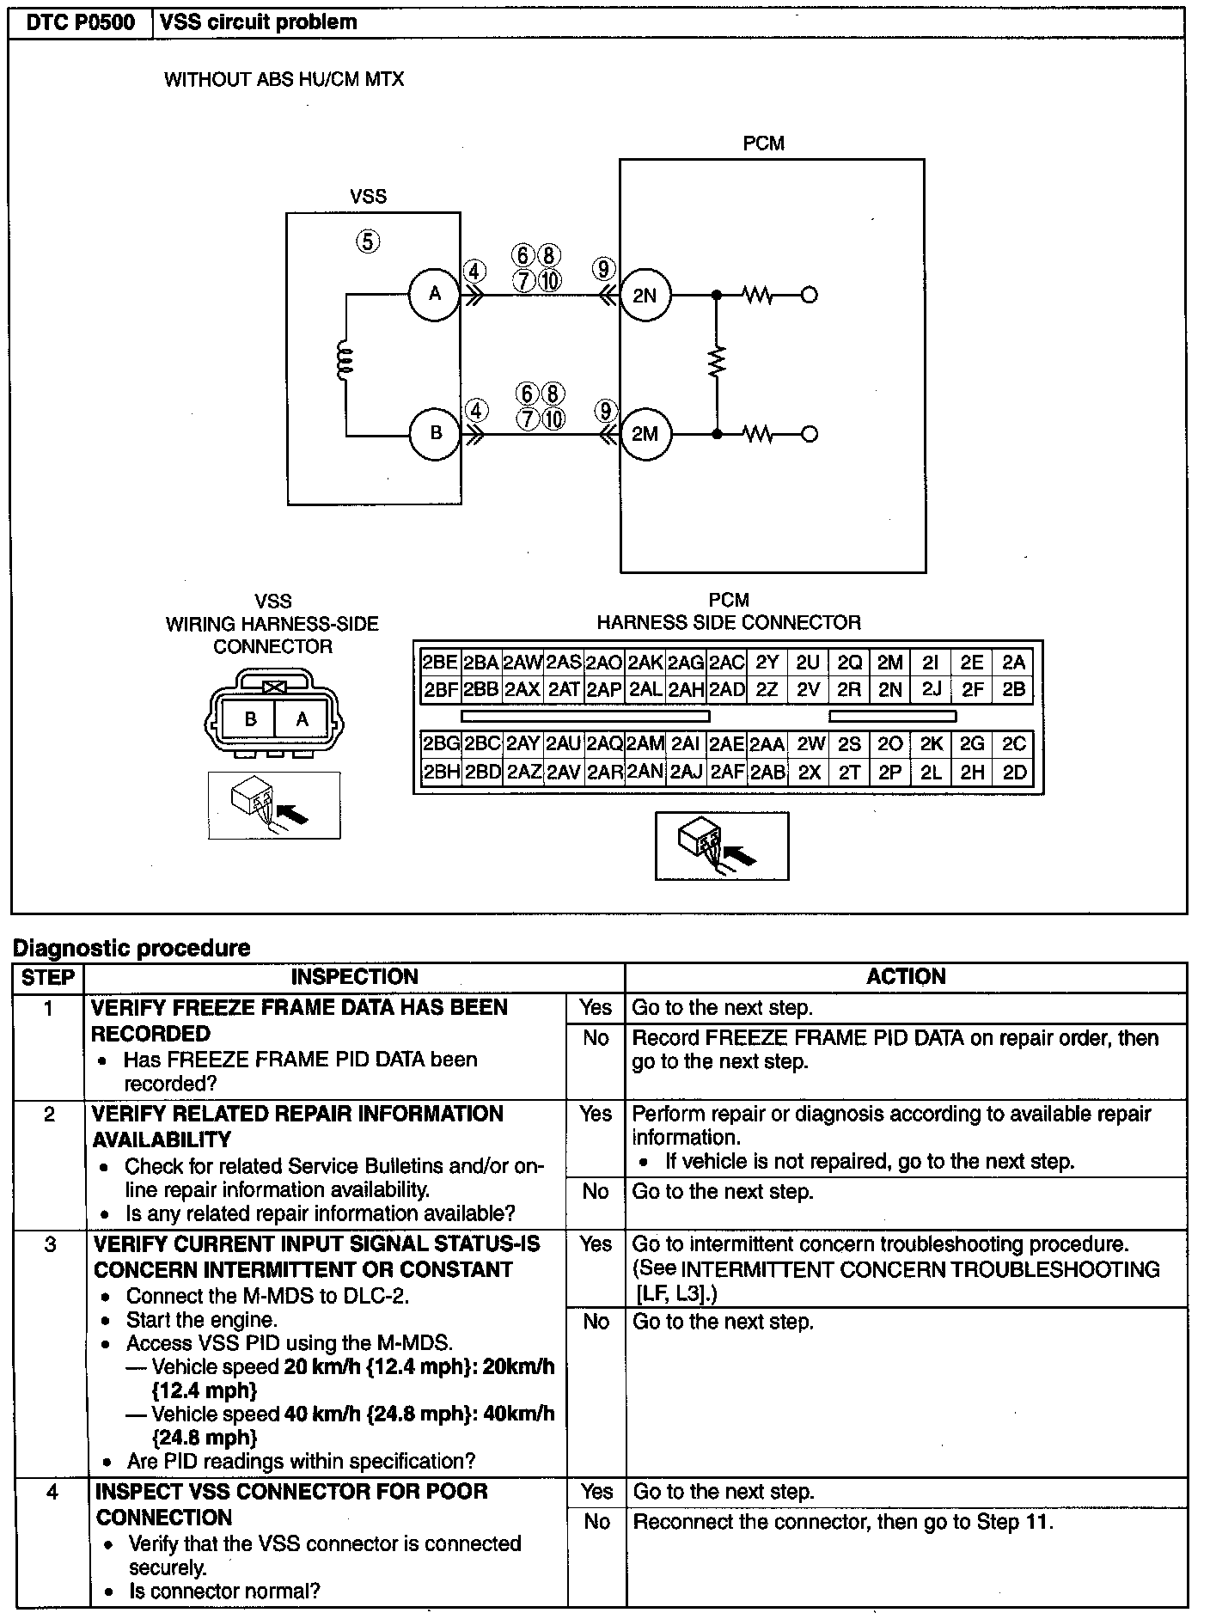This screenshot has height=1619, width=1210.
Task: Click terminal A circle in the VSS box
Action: tap(435, 295)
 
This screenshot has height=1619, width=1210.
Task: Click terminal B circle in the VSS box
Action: tap(435, 433)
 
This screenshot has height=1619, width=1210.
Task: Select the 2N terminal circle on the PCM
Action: tap(645, 296)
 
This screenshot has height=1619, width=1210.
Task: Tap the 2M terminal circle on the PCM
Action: tap(645, 434)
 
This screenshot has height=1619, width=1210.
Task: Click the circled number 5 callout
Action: tap(367, 241)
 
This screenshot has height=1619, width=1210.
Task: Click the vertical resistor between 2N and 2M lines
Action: tap(716, 362)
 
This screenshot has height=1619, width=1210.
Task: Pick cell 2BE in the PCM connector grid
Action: tap(440, 663)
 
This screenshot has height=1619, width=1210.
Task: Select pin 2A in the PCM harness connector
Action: tap(1014, 663)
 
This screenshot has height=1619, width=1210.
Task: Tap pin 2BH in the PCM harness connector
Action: tap(441, 773)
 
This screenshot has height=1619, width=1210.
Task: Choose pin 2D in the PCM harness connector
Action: tap(1014, 773)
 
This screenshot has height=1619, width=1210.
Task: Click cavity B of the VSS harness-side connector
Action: tap(250, 719)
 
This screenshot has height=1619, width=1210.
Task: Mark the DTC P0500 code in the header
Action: tap(81, 22)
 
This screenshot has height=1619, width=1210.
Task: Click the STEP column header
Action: tap(48, 977)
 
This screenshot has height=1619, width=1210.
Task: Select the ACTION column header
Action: tap(906, 977)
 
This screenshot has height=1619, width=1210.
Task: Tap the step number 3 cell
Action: tap(50, 1245)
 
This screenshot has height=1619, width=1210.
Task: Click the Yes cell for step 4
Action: tap(596, 1492)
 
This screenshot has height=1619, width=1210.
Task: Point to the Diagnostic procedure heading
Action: tap(131, 949)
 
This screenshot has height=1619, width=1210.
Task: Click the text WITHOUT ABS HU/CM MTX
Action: tap(284, 80)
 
